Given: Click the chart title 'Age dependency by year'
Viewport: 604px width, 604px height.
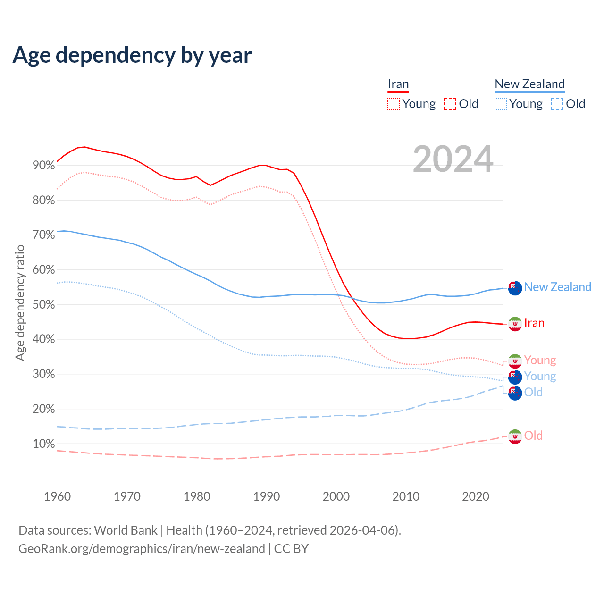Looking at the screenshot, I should click(132, 55).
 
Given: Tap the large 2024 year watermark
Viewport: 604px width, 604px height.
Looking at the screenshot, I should click(453, 159).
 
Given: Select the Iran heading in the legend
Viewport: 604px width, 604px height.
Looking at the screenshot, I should click(398, 84).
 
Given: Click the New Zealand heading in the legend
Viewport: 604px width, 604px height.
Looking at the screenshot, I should click(529, 84).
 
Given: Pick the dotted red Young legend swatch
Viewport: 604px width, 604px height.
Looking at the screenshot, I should click(393, 104).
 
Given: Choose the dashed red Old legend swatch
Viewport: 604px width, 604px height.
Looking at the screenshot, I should click(450, 104).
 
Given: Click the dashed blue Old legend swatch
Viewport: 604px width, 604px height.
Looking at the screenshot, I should click(557, 104).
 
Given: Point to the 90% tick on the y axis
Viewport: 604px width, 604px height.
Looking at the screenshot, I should click(43, 166).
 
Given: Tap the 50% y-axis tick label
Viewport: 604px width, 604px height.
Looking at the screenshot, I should click(43, 305).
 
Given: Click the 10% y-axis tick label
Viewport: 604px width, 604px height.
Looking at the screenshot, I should click(43, 444).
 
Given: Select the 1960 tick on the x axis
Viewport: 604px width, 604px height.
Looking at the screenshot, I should click(57, 496).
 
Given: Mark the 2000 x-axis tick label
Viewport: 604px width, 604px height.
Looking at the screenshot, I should click(336, 496).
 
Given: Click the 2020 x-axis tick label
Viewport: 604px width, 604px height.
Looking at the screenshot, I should click(475, 496).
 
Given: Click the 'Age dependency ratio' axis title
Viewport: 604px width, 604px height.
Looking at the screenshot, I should click(20, 302).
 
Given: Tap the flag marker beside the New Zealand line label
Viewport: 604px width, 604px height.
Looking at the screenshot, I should click(515, 288).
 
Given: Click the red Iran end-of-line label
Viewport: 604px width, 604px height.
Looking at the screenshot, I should click(534, 323).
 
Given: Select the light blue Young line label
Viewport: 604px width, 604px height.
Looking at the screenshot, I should click(540, 377).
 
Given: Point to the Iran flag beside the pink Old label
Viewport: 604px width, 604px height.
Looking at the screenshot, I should click(515, 436).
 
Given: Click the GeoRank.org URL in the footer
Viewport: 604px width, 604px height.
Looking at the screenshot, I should click(142, 549).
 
